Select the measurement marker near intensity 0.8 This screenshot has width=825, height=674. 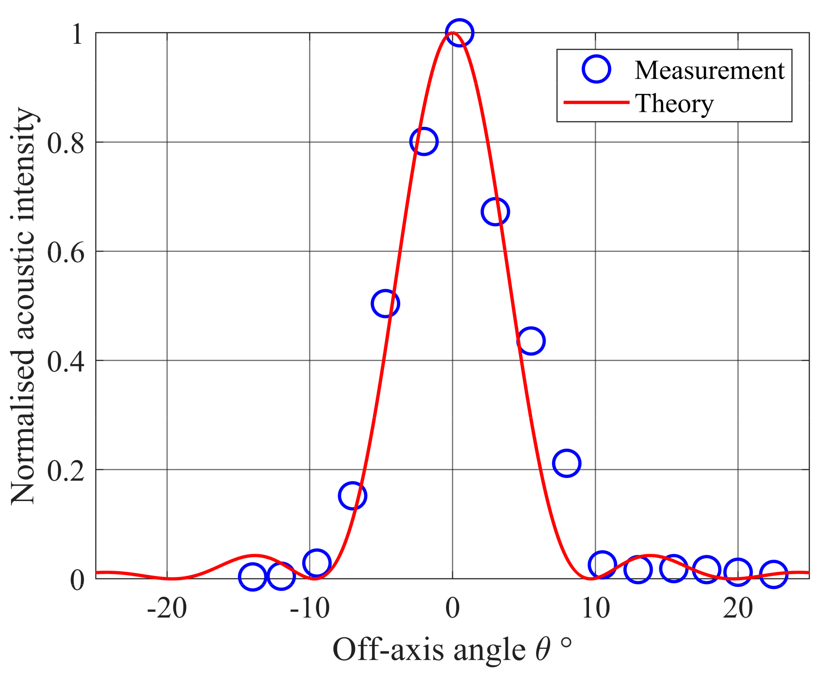[424, 141]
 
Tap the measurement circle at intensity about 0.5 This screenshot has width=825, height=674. [385, 304]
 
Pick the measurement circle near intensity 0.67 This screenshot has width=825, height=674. [495, 212]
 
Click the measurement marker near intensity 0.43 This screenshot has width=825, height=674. [531, 341]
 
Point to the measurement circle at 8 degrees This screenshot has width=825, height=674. [566, 463]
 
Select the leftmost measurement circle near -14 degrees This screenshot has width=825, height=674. [253, 576]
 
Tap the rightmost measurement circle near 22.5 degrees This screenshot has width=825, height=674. [773, 574]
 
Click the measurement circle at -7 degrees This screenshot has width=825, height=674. [352, 496]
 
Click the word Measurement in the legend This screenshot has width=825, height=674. [710, 71]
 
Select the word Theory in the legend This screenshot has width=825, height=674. [674, 103]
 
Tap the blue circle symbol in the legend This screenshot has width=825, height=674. [596, 69]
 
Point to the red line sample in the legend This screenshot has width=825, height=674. [596, 102]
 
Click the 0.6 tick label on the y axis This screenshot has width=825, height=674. [66, 253]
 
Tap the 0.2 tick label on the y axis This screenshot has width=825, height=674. [66, 471]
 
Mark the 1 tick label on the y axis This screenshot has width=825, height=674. [77, 34]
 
